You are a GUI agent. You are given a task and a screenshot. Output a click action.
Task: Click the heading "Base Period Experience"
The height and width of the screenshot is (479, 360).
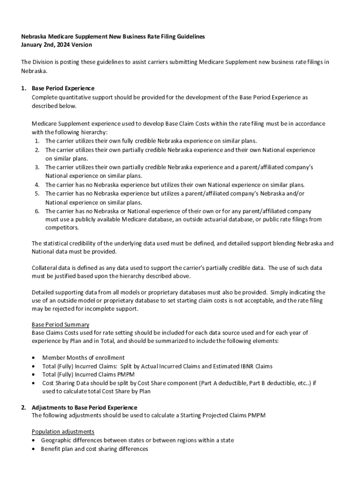[x=63, y=88]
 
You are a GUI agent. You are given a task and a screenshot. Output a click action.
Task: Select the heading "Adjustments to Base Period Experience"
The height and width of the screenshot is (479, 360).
[x=84, y=407]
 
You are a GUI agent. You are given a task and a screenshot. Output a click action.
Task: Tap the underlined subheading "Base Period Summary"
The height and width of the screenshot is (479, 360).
[x=60, y=324]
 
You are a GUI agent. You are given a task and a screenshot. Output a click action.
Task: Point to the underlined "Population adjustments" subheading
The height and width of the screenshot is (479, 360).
[x=63, y=431]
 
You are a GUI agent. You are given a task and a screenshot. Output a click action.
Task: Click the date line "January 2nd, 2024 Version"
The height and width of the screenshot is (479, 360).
[x=57, y=45]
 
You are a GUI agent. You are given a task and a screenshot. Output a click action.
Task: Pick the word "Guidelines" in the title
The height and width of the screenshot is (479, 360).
[x=189, y=36]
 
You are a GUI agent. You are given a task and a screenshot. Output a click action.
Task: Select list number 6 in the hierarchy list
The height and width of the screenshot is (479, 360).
[x=36, y=211]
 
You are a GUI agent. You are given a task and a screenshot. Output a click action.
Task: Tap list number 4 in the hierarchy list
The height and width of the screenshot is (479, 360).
[x=36, y=185]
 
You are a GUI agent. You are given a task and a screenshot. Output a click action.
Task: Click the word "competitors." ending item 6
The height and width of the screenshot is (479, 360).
[x=62, y=228]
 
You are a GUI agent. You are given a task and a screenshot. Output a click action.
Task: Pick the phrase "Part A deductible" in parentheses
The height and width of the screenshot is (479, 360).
[x=225, y=383]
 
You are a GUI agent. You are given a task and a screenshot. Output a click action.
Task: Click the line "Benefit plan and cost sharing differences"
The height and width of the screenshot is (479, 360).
[x=94, y=449]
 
